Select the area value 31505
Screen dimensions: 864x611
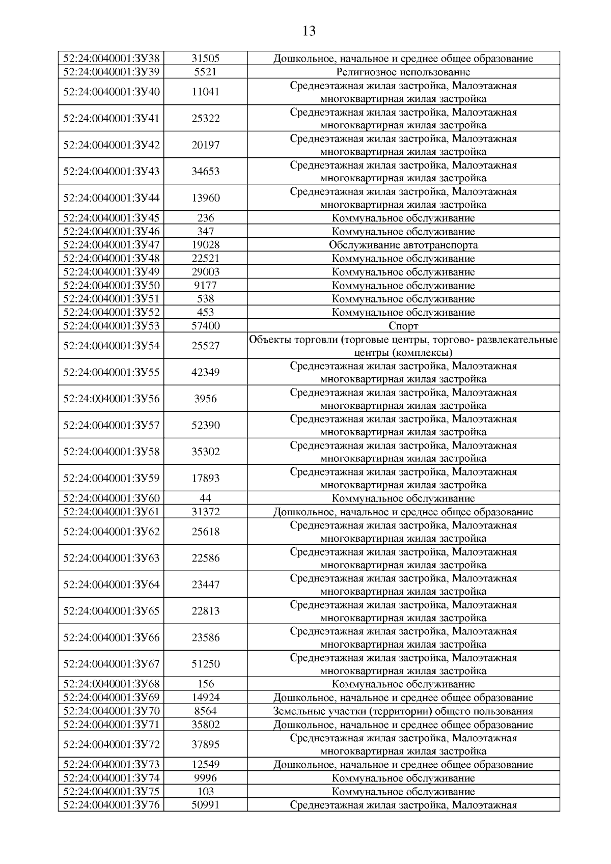pos(205,59)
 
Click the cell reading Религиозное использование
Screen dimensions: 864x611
pos(403,72)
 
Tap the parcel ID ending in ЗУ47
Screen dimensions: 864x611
pos(111,245)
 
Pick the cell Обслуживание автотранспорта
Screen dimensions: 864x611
pos(403,245)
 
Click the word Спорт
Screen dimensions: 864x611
pos(403,326)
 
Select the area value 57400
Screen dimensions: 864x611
pos(205,326)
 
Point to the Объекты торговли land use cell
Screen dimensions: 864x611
pos(403,346)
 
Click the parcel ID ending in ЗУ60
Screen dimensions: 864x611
pos(111,498)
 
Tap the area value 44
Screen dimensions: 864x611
pos(205,498)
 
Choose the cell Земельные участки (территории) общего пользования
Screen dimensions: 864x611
pos(403,711)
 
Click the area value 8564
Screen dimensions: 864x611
pos(205,711)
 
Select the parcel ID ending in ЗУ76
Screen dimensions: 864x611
pos(111,805)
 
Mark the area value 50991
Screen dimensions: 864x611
pos(205,805)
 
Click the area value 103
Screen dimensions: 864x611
pos(205,792)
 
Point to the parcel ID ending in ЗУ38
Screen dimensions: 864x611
pos(111,59)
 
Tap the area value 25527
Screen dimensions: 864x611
pos(205,346)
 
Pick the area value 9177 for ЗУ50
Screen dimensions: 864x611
pos(205,286)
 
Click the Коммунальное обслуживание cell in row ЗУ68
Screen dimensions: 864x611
pos(403,684)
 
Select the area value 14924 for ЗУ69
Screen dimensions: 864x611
pos(205,698)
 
